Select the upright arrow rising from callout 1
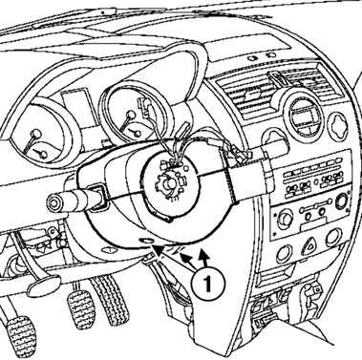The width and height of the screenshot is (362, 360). point(203,260)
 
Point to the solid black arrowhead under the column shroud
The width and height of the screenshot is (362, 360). point(158,250)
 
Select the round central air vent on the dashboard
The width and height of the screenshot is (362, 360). point(303,116)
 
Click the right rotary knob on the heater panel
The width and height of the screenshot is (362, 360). point(343,201)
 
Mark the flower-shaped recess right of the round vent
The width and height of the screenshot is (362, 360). point(340,127)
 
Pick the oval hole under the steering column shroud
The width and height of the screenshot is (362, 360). point(146,241)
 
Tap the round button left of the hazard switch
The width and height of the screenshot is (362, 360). point(284,254)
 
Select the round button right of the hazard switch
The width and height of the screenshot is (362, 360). point(332,238)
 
